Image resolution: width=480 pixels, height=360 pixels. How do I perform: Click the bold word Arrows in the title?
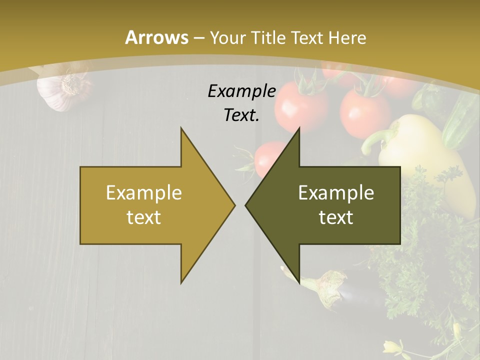[x=156, y=37]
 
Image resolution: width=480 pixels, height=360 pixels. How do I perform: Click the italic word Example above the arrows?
[x=241, y=91]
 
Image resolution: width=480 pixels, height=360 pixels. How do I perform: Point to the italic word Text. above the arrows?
[x=241, y=115]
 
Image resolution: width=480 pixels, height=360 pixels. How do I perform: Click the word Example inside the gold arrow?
[x=144, y=193]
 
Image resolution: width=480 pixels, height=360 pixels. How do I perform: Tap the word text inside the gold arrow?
[x=144, y=217]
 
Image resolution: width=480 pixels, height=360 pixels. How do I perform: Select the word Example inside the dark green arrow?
[x=336, y=193]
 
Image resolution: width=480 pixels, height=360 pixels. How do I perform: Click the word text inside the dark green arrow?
[x=336, y=217]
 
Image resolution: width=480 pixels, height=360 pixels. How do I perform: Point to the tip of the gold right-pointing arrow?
[x=234, y=205]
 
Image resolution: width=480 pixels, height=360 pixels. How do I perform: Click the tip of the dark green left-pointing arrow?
[x=246, y=205]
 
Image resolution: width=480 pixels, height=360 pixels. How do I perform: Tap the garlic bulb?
[x=62, y=90]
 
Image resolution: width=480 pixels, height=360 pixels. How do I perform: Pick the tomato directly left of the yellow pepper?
[x=363, y=112]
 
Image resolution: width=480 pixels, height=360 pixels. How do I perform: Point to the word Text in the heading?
[x=308, y=37]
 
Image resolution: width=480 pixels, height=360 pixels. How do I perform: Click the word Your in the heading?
[x=227, y=37]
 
